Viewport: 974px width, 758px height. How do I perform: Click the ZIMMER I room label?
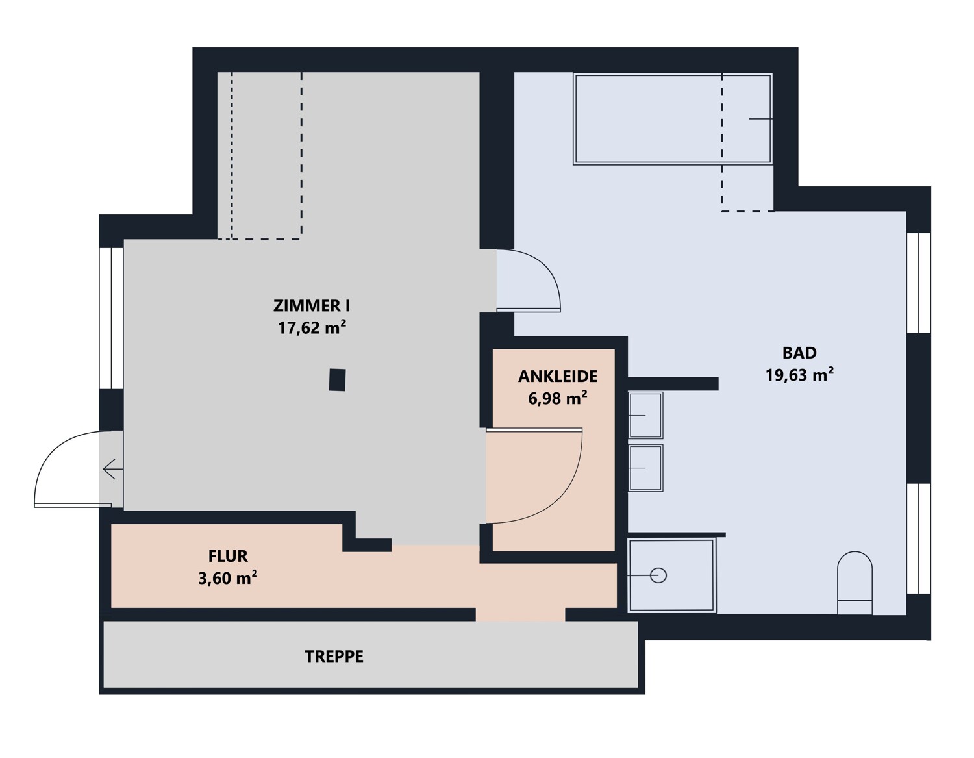[312, 306]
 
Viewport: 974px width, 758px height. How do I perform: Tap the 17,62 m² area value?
[312, 327]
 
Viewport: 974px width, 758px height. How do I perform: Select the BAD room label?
[799, 353]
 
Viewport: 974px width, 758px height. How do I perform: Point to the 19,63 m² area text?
[799, 374]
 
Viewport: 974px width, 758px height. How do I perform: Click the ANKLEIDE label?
[558, 377]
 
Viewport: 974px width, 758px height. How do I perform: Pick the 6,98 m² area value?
[558, 398]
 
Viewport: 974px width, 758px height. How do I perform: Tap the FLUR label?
[228, 556]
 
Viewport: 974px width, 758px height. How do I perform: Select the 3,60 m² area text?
[228, 578]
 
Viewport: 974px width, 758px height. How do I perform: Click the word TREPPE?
[334, 657]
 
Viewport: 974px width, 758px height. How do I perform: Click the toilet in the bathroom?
[855, 583]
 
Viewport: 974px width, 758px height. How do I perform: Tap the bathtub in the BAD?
[673, 119]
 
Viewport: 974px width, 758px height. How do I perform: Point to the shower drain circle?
[658, 575]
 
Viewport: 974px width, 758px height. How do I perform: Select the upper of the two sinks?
[645, 416]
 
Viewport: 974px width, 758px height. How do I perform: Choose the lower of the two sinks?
[645, 468]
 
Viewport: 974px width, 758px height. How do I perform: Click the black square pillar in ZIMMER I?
[337, 380]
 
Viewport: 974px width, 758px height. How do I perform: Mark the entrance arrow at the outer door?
[113, 470]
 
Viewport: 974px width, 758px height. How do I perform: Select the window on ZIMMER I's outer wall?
[111, 318]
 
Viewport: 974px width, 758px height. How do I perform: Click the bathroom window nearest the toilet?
[918, 538]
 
